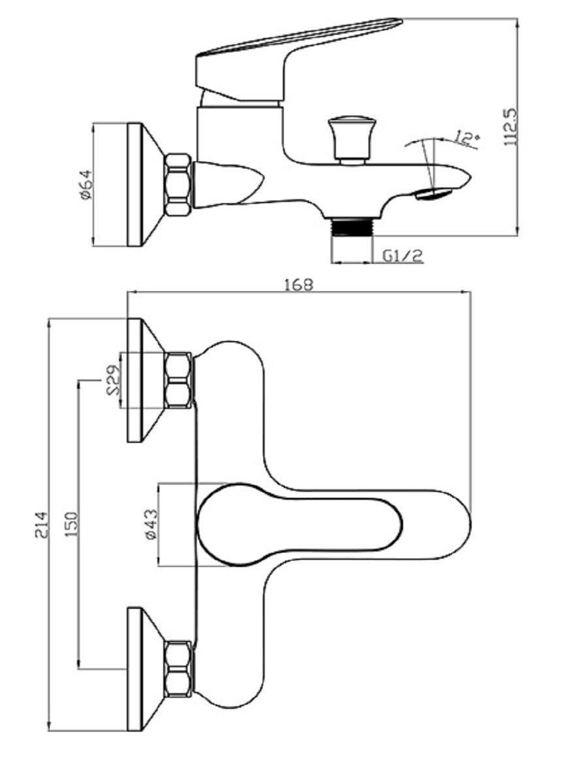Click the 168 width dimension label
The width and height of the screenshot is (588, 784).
tap(299, 285)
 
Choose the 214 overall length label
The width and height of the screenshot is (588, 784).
tap(41, 525)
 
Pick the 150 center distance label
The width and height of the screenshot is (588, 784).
tap(71, 525)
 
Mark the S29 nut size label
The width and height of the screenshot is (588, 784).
tap(113, 380)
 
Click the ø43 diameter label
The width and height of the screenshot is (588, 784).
tap(152, 525)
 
